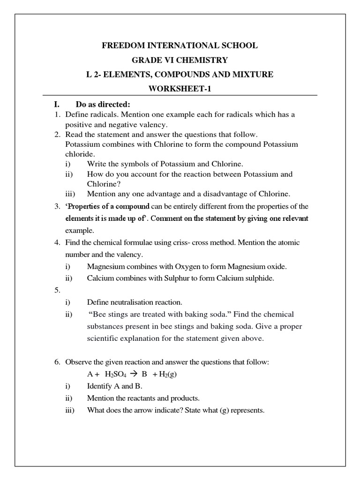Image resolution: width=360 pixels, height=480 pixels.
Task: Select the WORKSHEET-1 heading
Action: coord(180,89)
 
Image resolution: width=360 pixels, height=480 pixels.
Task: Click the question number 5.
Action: coord(56,290)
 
